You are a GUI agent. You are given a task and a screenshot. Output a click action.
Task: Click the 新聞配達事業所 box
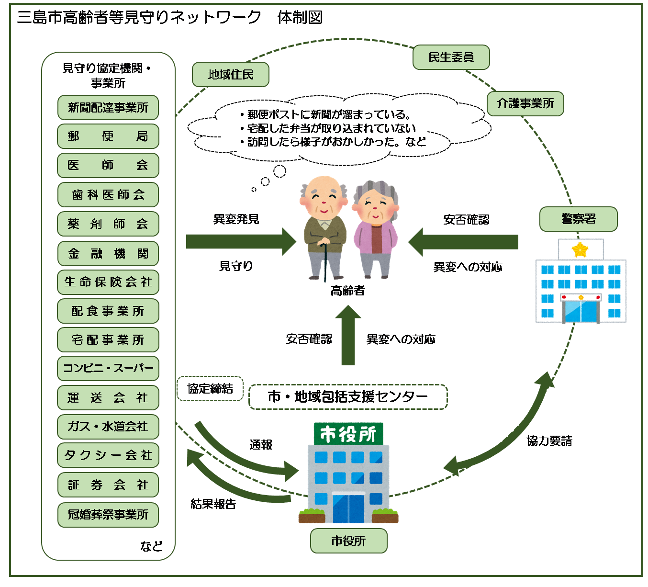pyautogui.click(x=108, y=108)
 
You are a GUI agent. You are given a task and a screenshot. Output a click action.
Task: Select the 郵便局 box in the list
pyautogui.click(x=108, y=136)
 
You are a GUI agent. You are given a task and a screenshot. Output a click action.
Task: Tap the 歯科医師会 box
pyautogui.click(x=108, y=195)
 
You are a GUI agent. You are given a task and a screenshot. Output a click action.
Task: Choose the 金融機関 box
pyautogui.click(x=108, y=253)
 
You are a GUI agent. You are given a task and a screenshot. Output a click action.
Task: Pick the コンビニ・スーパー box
pyautogui.click(x=108, y=368)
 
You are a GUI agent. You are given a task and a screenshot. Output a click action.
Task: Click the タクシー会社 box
pyautogui.click(x=108, y=455)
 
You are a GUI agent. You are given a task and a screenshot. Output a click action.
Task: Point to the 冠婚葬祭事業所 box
pyautogui.click(x=108, y=515)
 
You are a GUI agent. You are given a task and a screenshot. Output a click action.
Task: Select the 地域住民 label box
pyautogui.click(x=231, y=75)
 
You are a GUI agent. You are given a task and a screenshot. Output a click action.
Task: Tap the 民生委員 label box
pyautogui.click(x=451, y=57)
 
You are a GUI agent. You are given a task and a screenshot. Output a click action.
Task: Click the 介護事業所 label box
pyautogui.click(x=525, y=103)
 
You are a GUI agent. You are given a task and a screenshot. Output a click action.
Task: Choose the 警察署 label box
pyautogui.click(x=578, y=219)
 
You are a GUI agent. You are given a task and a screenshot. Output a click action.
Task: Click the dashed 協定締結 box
pyautogui.click(x=210, y=388)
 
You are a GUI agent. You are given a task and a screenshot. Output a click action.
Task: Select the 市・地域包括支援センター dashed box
pyautogui.click(x=348, y=397)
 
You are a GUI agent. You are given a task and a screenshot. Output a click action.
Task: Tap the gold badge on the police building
pyautogui.click(x=580, y=249)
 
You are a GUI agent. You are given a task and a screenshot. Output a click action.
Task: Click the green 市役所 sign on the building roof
pyautogui.click(x=348, y=434)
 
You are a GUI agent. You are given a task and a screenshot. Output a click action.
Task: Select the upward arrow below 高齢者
pyautogui.click(x=348, y=335)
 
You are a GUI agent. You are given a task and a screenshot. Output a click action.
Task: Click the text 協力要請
pyautogui.click(x=549, y=441)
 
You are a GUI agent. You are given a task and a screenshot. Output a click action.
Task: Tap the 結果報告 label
pyautogui.click(x=213, y=504)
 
